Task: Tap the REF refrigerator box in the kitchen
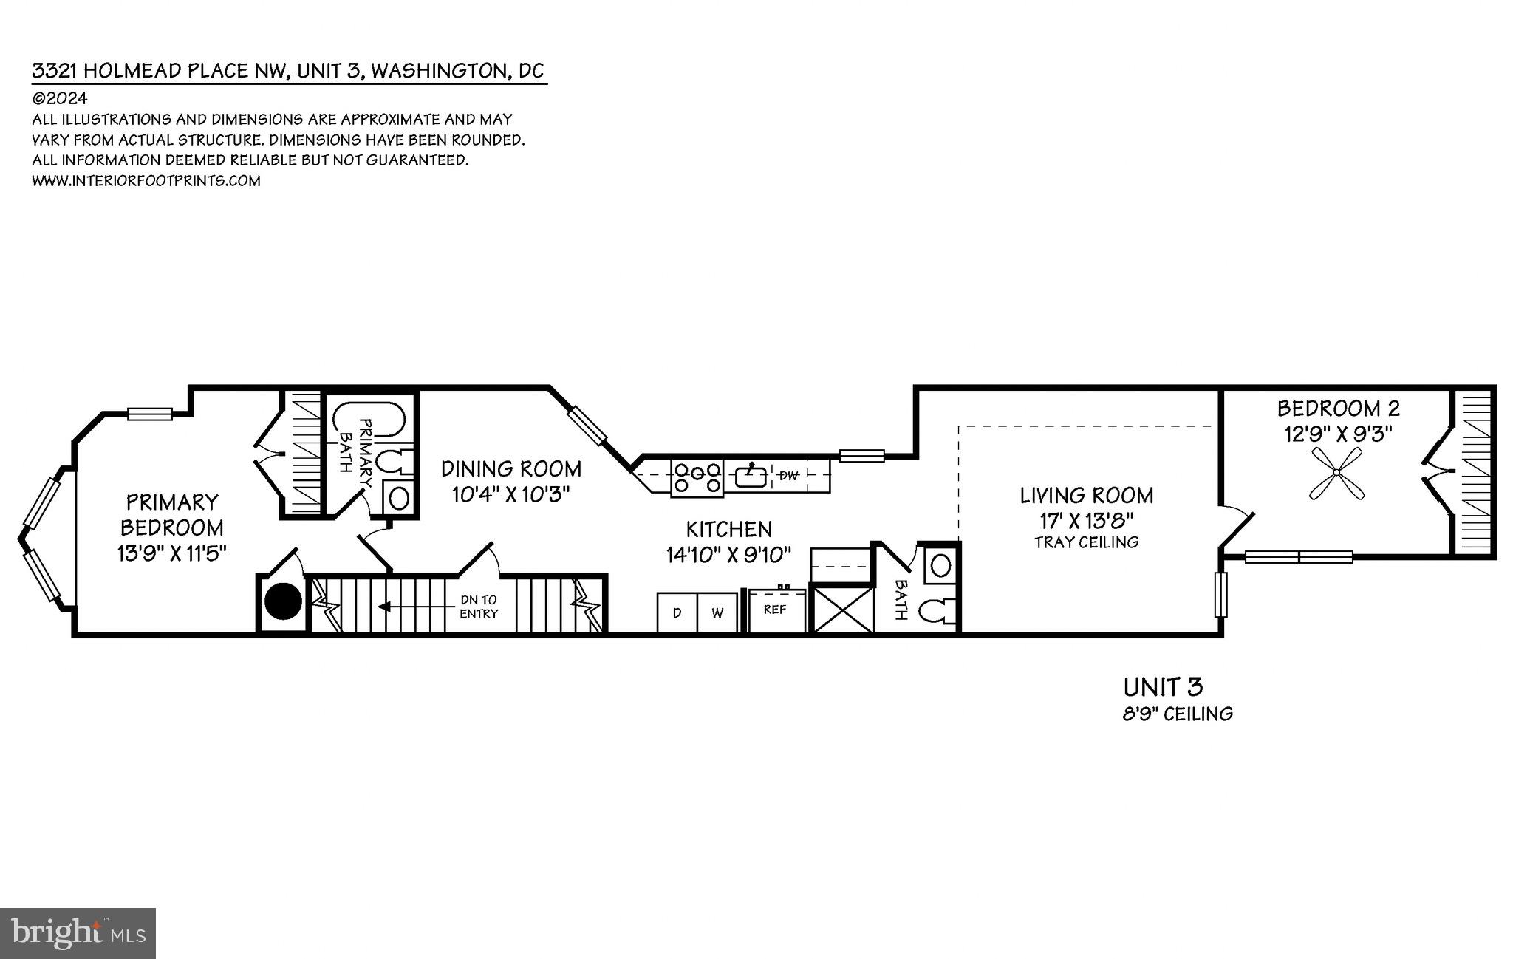[x=776, y=610]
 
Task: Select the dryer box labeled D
[x=677, y=612]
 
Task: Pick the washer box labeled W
[x=717, y=612]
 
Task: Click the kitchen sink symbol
[x=751, y=476]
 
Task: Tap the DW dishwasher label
[x=789, y=476]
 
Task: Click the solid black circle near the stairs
[x=284, y=601]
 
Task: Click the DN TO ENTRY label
[x=479, y=607]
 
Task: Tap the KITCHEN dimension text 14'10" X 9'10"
[x=728, y=554]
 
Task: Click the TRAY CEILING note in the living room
[x=1086, y=542]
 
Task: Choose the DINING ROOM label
[x=511, y=468]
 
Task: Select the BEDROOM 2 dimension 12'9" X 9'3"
[x=1338, y=434]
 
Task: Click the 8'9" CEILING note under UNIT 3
[x=1178, y=714]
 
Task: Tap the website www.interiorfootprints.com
[x=146, y=181]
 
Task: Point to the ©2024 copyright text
[x=60, y=98]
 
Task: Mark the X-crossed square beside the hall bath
[x=842, y=608]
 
